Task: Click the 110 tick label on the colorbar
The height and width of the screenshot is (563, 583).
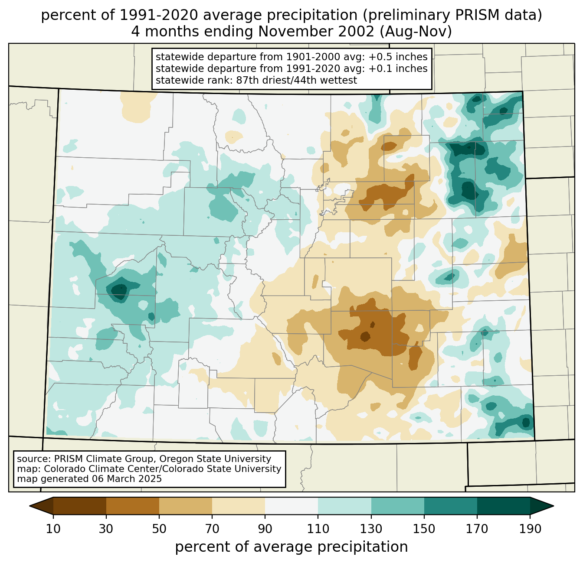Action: pos(318,529)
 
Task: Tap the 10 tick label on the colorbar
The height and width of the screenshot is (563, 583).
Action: pos(53,529)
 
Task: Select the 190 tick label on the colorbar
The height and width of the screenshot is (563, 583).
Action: pos(530,529)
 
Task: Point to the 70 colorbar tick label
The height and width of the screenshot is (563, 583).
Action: pos(212,529)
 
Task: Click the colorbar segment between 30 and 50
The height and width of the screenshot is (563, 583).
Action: pos(133,506)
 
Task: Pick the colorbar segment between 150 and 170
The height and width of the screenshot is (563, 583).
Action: pos(450,506)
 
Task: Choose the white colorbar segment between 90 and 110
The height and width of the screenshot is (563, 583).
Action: pos(291,506)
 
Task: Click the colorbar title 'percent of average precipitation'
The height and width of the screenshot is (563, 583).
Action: pos(291,547)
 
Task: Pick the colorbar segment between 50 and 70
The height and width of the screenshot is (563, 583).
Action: pos(186,506)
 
